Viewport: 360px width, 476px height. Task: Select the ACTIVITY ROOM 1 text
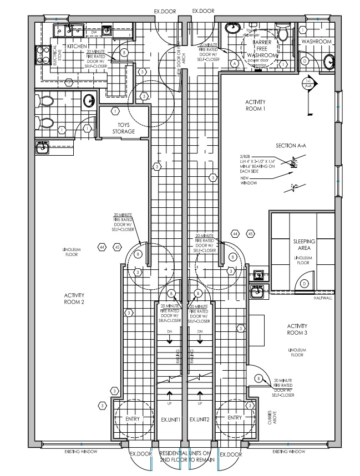255,106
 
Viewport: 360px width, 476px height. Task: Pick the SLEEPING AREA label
304,245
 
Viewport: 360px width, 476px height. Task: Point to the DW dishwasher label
94,32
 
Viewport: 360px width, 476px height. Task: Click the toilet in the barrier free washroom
282,35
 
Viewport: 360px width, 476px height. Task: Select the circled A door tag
235,64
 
